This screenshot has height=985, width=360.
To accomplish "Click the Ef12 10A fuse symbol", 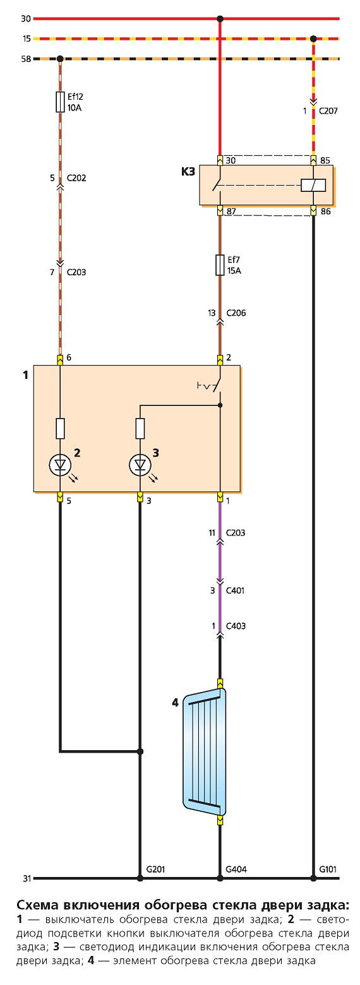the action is [x=60, y=102].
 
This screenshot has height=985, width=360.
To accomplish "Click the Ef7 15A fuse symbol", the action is [x=220, y=265].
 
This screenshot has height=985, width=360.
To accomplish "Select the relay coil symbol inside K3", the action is [x=313, y=185].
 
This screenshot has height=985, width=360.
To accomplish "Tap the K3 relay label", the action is [x=188, y=172].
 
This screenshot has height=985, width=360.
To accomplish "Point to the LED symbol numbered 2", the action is [x=60, y=465].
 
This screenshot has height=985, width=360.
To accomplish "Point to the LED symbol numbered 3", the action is [x=140, y=465].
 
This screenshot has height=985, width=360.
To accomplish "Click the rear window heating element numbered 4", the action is [x=205, y=752].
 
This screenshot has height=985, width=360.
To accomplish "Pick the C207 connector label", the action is [x=328, y=111].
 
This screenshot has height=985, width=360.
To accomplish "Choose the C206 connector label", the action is [x=236, y=313].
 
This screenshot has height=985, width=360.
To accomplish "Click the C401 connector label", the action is [x=235, y=590].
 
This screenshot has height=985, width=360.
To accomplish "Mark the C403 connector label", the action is [x=236, y=626].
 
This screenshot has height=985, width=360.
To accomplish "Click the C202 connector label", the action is [x=76, y=178].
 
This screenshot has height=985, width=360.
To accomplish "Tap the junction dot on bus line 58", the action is [x=60, y=59].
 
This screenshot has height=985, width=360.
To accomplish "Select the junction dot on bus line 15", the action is [x=313, y=39].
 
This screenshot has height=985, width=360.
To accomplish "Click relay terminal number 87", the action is [x=231, y=212].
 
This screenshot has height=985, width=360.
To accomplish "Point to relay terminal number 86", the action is [x=325, y=212].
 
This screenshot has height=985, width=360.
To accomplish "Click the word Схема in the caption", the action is [x=39, y=905].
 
